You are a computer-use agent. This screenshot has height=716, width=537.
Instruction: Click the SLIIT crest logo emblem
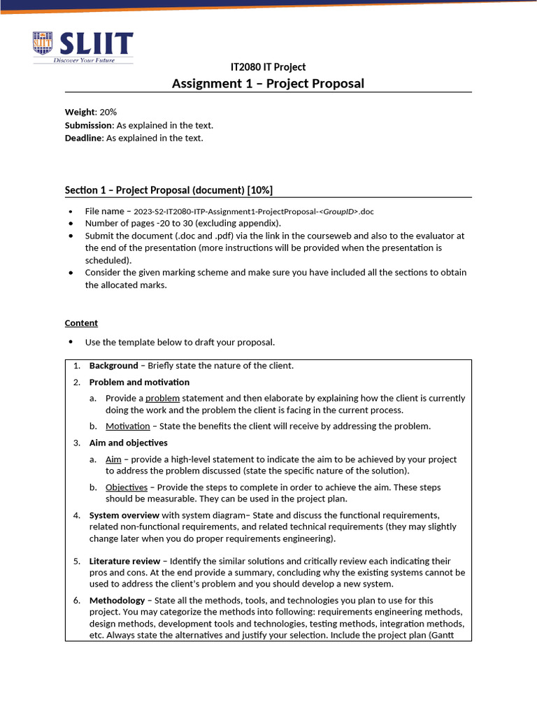[43, 43]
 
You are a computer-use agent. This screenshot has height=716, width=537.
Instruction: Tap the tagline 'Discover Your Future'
[84, 60]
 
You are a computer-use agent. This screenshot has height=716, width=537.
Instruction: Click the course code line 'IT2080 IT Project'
[268, 67]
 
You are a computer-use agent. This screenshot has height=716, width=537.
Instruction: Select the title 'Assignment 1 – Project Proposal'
[268, 84]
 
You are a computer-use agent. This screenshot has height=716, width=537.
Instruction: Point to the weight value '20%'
[108, 112]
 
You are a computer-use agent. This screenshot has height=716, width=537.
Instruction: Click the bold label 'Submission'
[89, 125]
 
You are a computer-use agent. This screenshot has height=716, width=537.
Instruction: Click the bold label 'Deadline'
[84, 138]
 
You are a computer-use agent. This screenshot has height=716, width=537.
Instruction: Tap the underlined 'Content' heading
[81, 323]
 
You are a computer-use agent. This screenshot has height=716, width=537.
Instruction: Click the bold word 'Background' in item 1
[113, 366]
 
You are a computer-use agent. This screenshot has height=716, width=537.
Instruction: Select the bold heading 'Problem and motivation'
[139, 382]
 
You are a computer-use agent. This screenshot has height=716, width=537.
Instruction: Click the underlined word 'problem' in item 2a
[163, 398]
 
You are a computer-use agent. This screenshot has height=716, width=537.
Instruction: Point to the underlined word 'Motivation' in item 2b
[127, 426]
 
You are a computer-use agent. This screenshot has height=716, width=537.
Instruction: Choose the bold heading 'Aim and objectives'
[128, 443]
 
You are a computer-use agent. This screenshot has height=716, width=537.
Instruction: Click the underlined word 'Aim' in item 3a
[113, 459]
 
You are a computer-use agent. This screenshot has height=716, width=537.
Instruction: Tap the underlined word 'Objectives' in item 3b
[127, 487]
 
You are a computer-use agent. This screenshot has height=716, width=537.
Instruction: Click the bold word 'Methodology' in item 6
[117, 600]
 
